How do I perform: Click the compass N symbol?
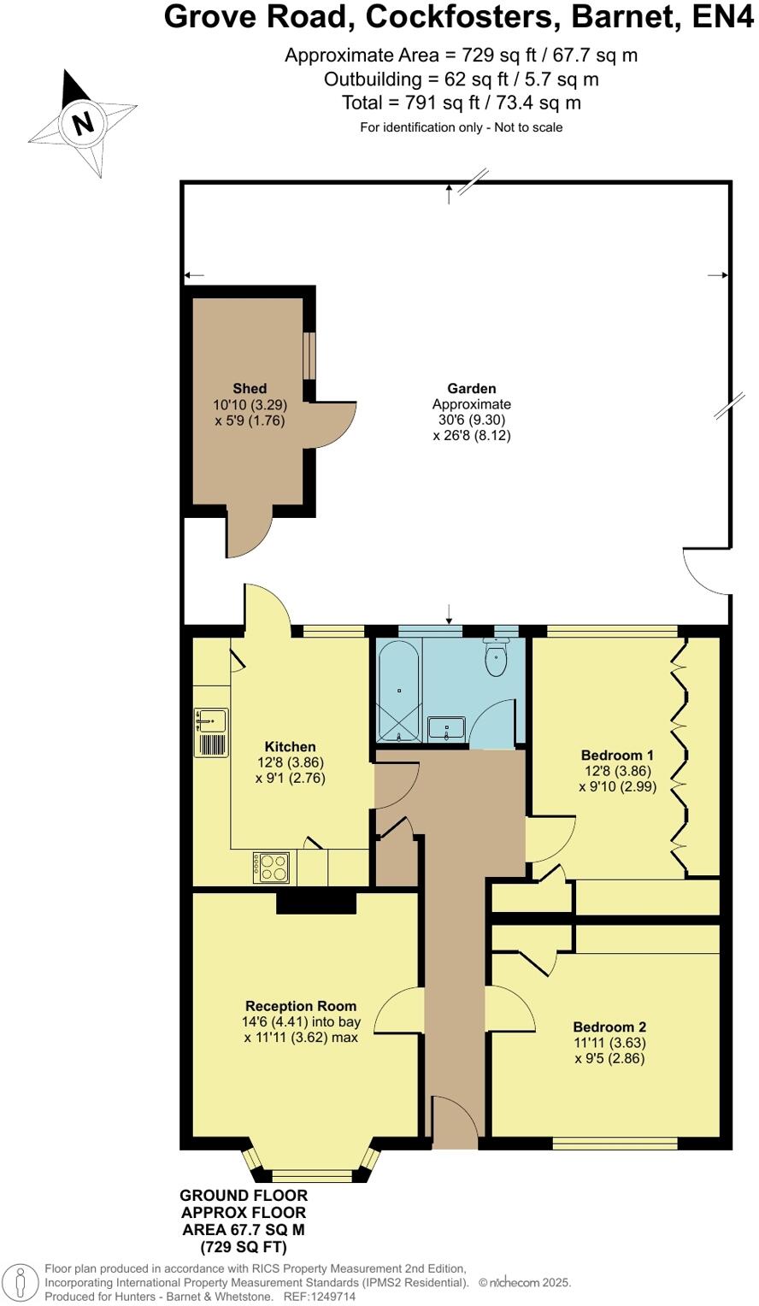(x=83, y=124)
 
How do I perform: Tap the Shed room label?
(x=250, y=389)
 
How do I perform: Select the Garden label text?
(x=471, y=389)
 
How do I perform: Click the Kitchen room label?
(x=290, y=747)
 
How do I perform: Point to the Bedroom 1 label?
(x=617, y=756)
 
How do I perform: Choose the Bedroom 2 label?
(x=609, y=1027)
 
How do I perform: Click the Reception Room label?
(x=301, y=1006)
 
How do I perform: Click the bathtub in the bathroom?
(x=398, y=690)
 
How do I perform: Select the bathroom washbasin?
(x=446, y=728)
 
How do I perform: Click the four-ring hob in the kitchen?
(x=272, y=868)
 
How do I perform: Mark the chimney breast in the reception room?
(x=315, y=901)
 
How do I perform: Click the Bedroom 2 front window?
(x=615, y=1143)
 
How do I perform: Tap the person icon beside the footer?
(x=21, y=1283)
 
